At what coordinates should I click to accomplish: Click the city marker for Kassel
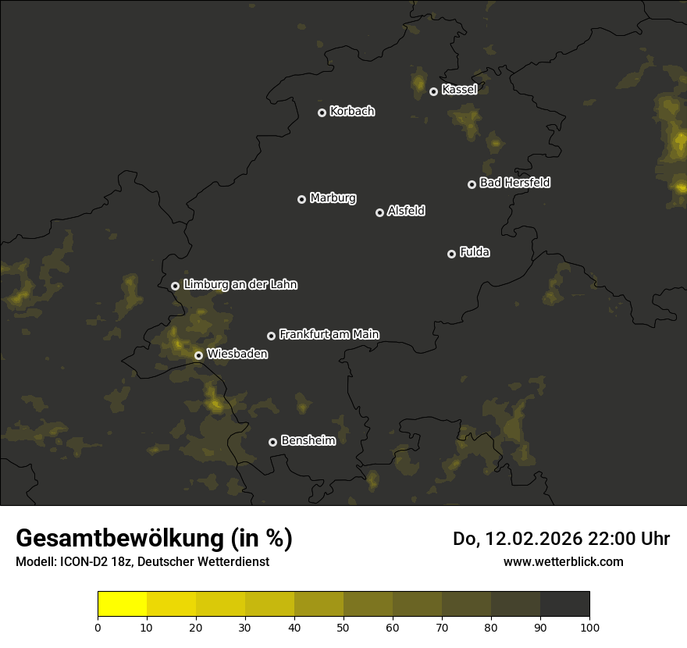tap(433, 91)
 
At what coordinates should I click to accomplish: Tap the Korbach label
tap(352, 112)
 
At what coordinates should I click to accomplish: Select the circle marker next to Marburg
tap(301, 199)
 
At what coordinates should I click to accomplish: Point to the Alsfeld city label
tap(406, 212)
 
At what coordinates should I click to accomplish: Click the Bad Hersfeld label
tap(514, 183)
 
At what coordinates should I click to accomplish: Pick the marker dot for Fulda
tap(451, 254)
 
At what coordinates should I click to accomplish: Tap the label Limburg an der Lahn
tap(240, 285)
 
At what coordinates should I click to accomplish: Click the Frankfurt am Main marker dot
tap(271, 336)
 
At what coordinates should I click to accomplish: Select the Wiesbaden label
tap(237, 354)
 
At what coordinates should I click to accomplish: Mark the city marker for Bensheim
tap(272, 442)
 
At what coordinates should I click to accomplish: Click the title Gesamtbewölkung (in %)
tap(154, 539)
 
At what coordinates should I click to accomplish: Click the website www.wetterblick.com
tap(563, 561)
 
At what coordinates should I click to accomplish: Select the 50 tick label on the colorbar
tap(343, 627)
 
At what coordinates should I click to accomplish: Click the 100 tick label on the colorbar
tap(589, 627)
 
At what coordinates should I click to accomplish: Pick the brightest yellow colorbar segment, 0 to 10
tap(123, 604)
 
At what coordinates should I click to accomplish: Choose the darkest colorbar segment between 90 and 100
tap(564, 604)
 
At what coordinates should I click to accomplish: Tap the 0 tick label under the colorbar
tap(98, 627)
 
